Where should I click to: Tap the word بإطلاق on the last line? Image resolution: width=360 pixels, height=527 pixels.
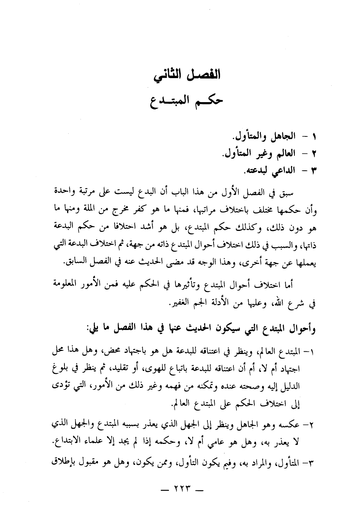(x=62, y=463)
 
